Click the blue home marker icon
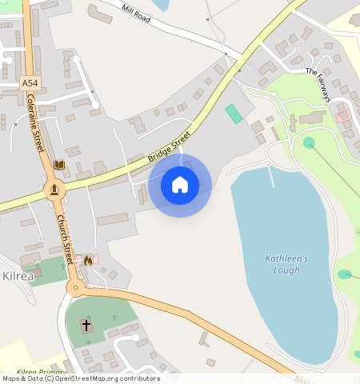(180, 186)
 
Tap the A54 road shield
(30, 82)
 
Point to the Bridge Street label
(170, 149)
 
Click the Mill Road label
(136, 11)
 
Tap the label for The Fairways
(318, 84)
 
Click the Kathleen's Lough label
(286, 265)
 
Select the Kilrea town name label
(18, 276)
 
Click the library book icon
(58, 165)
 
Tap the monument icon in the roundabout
(54, 190)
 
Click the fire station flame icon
(87, 260)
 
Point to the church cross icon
(86, 326)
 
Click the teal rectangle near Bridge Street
(234, 114)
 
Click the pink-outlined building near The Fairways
(344, 117)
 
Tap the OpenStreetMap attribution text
(80, 378)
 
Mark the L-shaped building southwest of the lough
(205, 340)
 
